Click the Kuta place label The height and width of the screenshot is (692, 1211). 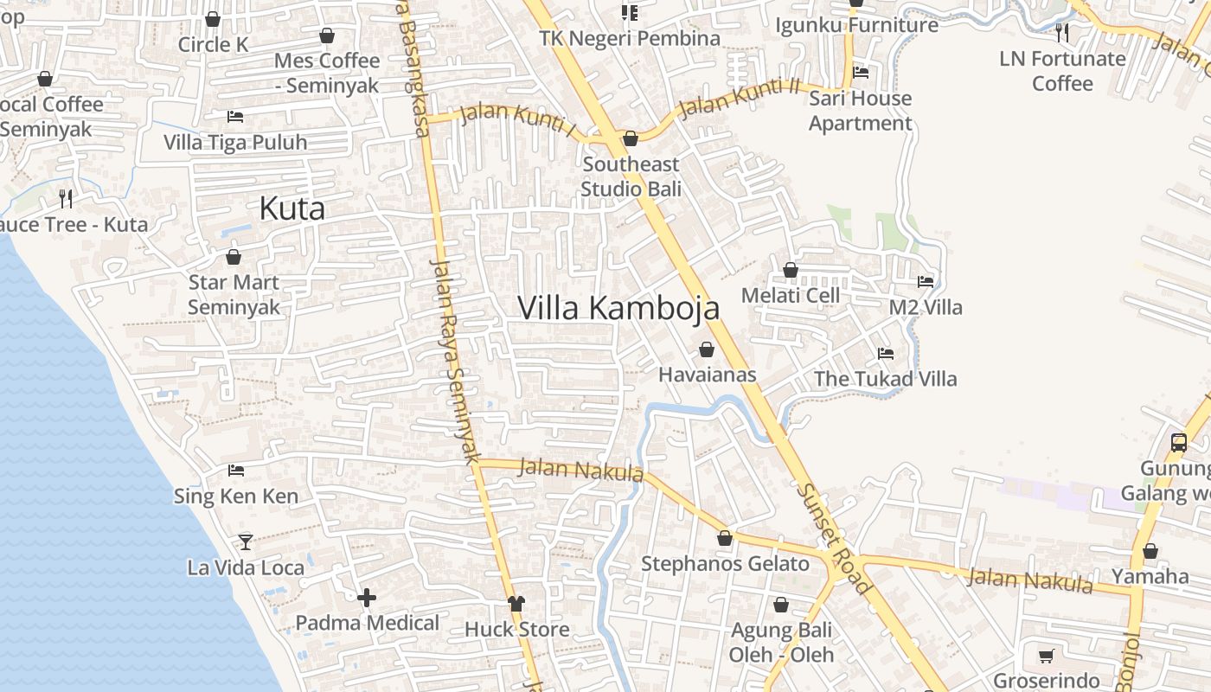click(292, 208)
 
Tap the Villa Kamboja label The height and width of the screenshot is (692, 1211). click(618, 307)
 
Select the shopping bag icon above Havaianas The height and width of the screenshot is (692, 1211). click(707, 349)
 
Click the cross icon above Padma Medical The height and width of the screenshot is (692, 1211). click(367, 598)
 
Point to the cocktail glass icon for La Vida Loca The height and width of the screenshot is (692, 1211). click(246, 541)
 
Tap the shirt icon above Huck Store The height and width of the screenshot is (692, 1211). click(516, 604)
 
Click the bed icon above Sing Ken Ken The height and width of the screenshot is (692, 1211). click(235, 471)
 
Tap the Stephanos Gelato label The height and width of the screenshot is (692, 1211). click(725, 564)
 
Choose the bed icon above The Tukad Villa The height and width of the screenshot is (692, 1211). click(885, 354)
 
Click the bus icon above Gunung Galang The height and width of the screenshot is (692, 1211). click(1178, 443)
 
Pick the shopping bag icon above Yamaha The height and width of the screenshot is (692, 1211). click(1150, 551)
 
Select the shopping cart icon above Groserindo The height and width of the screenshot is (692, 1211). click(1046, 656)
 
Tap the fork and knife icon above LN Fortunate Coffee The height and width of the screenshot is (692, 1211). click(1062, 33)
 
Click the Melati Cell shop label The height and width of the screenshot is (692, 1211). click(791, 295)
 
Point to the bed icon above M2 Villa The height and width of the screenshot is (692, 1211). click(926, 281)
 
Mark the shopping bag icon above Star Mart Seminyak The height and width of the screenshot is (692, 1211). click(234, 257)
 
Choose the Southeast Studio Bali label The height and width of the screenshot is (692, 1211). click(631, 176)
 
